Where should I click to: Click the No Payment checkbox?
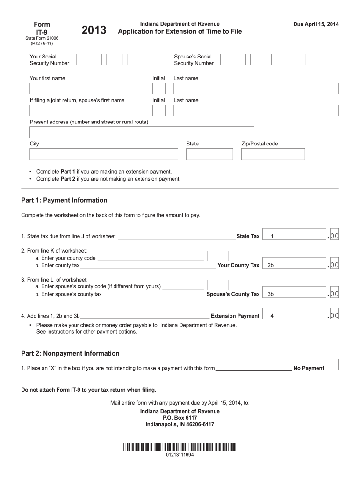[332, 365]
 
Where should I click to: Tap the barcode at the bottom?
[180, 447]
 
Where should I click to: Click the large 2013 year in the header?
[94, 31]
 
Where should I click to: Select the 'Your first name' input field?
[87, 88]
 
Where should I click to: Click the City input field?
[104, 154]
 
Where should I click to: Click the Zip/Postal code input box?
[273, 154]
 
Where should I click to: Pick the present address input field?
[142, 132]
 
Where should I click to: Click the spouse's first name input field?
[87, 110]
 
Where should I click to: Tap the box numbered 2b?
[270, 265]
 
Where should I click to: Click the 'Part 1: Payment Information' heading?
[64, 200]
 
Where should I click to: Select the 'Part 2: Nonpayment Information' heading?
[70, 353]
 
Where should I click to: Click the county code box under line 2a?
[218, 256]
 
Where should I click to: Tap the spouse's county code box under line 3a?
[218, 285]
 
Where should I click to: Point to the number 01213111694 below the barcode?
[180, 455]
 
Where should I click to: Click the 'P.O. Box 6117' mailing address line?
[180, 418]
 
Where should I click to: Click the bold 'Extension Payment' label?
[235, 316]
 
